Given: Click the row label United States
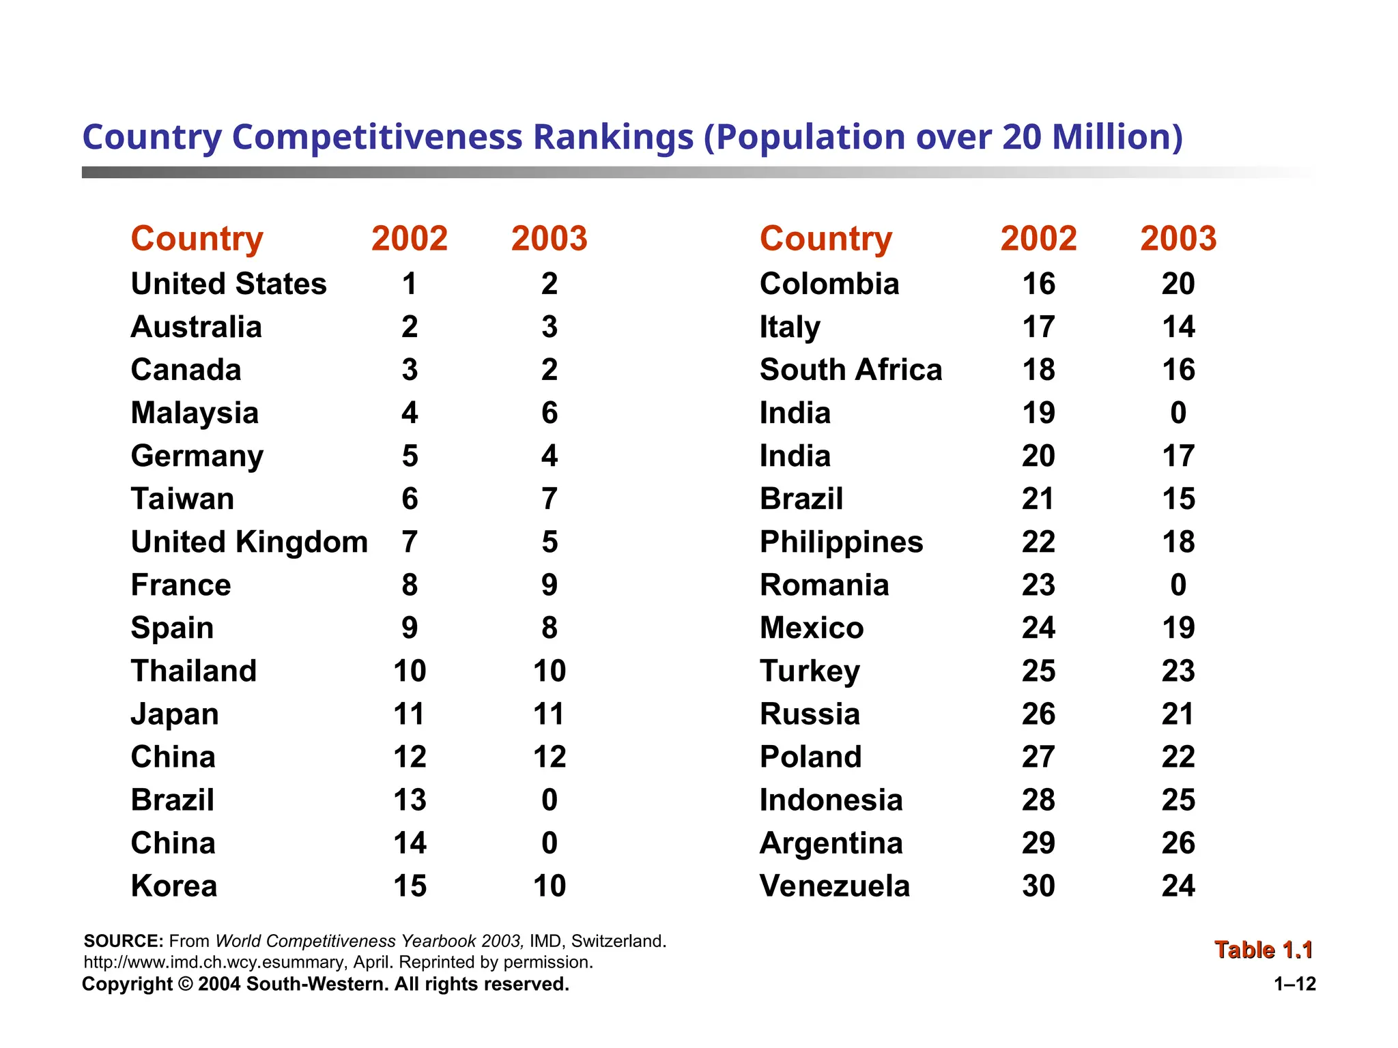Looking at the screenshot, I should pos(229,284).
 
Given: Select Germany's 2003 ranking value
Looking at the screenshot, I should pos(550,456).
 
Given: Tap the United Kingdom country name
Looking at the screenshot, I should pos(249,542).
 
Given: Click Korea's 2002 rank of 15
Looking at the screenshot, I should pos(410,886).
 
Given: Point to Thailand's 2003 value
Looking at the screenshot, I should pos(550,671).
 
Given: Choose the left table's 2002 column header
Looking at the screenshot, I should pos(410,239).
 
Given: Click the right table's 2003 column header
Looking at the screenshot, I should pos(1178,239).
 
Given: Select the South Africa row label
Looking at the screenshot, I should pos(851,370).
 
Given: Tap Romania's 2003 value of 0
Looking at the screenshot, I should pos(1178,585).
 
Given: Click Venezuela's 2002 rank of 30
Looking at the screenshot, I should pos(1038,886).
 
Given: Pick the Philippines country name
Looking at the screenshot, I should pos(841,542).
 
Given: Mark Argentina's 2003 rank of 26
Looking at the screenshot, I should pos(1178,843).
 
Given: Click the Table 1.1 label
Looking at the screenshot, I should pos(1264,950).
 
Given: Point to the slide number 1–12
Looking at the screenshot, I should pos(1295,984).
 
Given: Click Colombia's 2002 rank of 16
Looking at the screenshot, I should pos(1038,284).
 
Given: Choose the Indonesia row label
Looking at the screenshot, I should pos(831,800).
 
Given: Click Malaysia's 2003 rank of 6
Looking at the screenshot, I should pos(550,413).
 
